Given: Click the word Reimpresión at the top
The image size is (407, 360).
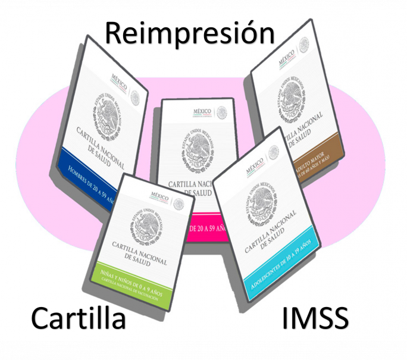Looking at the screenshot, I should click(x=189, y=33).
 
